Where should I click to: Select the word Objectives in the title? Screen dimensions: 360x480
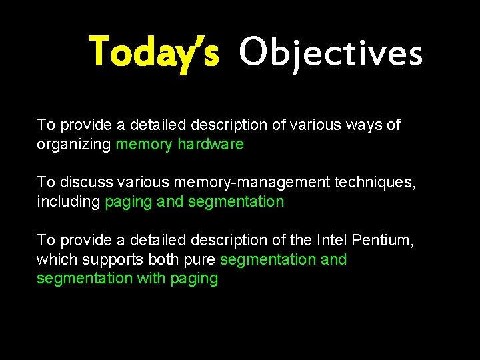click(331, 53)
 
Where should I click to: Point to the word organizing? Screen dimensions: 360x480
click(73, 144)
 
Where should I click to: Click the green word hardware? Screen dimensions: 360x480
click(211, 144)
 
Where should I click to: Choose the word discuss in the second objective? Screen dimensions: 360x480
click(83, 183)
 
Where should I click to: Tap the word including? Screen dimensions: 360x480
click(68, 202)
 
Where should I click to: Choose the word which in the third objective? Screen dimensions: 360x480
click(56, 259)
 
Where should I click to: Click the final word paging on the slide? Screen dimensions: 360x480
click(194, 279)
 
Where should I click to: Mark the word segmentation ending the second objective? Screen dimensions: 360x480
click(236, 202)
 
